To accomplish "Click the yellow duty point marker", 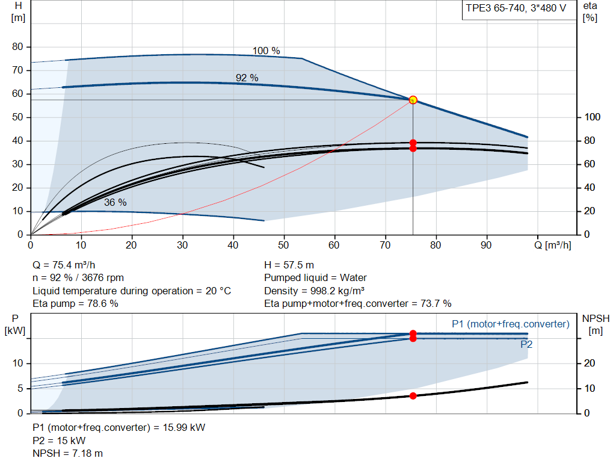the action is [413, 100].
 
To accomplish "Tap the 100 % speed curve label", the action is [266, 51].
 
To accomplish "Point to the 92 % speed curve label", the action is [247, 78].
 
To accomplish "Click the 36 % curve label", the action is [115, 202].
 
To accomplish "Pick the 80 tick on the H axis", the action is [17, 47].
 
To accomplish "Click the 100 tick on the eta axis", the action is [593, 117].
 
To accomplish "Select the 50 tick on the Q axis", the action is [283, 245].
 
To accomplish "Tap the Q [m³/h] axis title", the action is [553, 245].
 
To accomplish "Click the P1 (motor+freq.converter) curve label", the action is [511, 324].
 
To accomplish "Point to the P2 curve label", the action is [526, 344].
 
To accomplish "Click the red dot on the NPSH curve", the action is [413, 396].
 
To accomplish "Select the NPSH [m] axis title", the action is [596, 324].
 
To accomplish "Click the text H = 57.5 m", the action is [289, 265].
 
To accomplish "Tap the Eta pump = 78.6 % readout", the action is [75, 303].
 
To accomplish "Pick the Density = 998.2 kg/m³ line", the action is [314, 291].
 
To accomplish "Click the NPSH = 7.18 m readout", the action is [67, 454].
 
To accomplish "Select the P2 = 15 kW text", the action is [59, 441].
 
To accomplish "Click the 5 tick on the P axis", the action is [20, 388].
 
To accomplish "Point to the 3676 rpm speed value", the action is [102, 278].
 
